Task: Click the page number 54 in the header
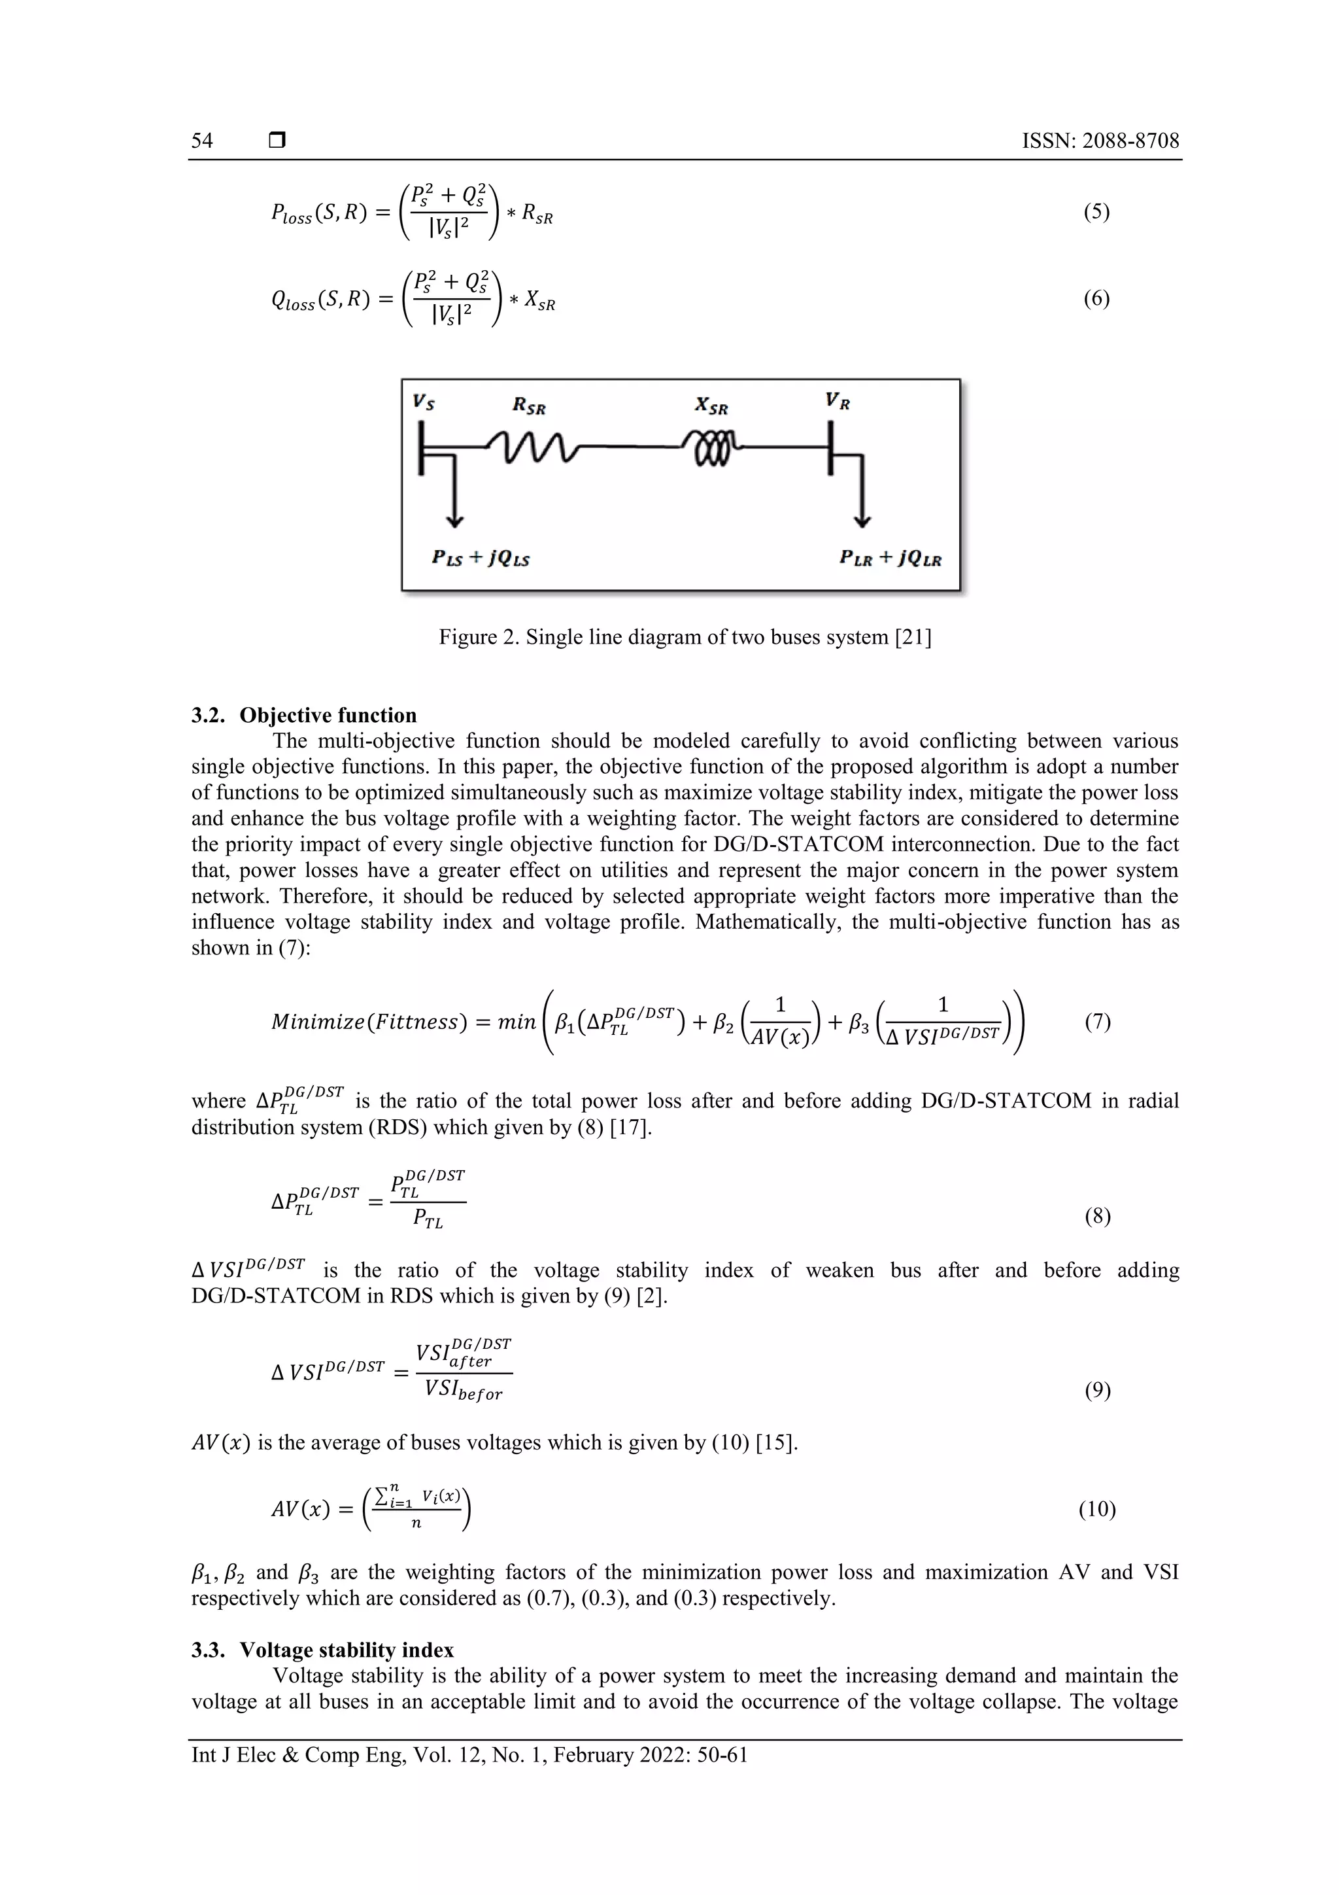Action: coord(202,141)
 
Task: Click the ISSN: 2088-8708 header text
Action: coord(1100,141)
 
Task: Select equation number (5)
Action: coord(1096,212)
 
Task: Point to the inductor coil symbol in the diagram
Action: coord(712,448)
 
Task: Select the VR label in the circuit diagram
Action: coord(838,401)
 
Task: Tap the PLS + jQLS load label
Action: coord(480,558)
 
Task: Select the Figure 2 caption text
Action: coord(685,637)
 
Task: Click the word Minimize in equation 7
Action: coord(318,1022)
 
